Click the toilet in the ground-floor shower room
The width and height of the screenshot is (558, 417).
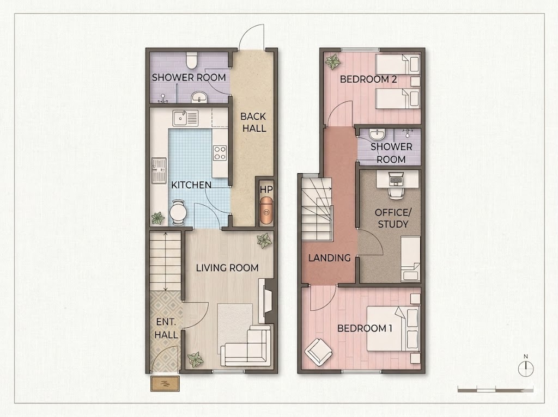click(x=192, y=60)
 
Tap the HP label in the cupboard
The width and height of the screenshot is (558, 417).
click(x=266, y=189)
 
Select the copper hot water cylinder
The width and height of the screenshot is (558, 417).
click(x=266, y=211)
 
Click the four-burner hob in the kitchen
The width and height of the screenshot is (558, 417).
click(x=220, y=153)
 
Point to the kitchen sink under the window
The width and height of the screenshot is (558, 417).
click(x=185, y=118)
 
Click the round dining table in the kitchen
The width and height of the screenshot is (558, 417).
click(x=177, y=213)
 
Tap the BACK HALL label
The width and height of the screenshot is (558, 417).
click(x=254, y=122)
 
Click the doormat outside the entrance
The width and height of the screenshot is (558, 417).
click(x=165, y=383)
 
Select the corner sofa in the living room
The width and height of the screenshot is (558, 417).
click(x=247, y=346)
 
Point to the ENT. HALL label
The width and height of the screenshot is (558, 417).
click(x=166, y=328)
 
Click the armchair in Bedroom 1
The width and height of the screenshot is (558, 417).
click(x=318, y=352)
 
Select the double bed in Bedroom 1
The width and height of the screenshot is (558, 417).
click(x=393, y=328)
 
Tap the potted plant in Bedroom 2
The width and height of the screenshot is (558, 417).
click(x=333, y=62)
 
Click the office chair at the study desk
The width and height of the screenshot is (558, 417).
click(x=396, y=191)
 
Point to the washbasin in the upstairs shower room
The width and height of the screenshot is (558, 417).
click(x=377, y=134)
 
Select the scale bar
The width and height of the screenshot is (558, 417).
click(x=495, y=390)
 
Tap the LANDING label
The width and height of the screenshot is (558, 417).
click(x=330, y=257)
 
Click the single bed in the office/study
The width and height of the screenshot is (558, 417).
click(x=411, y=259)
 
